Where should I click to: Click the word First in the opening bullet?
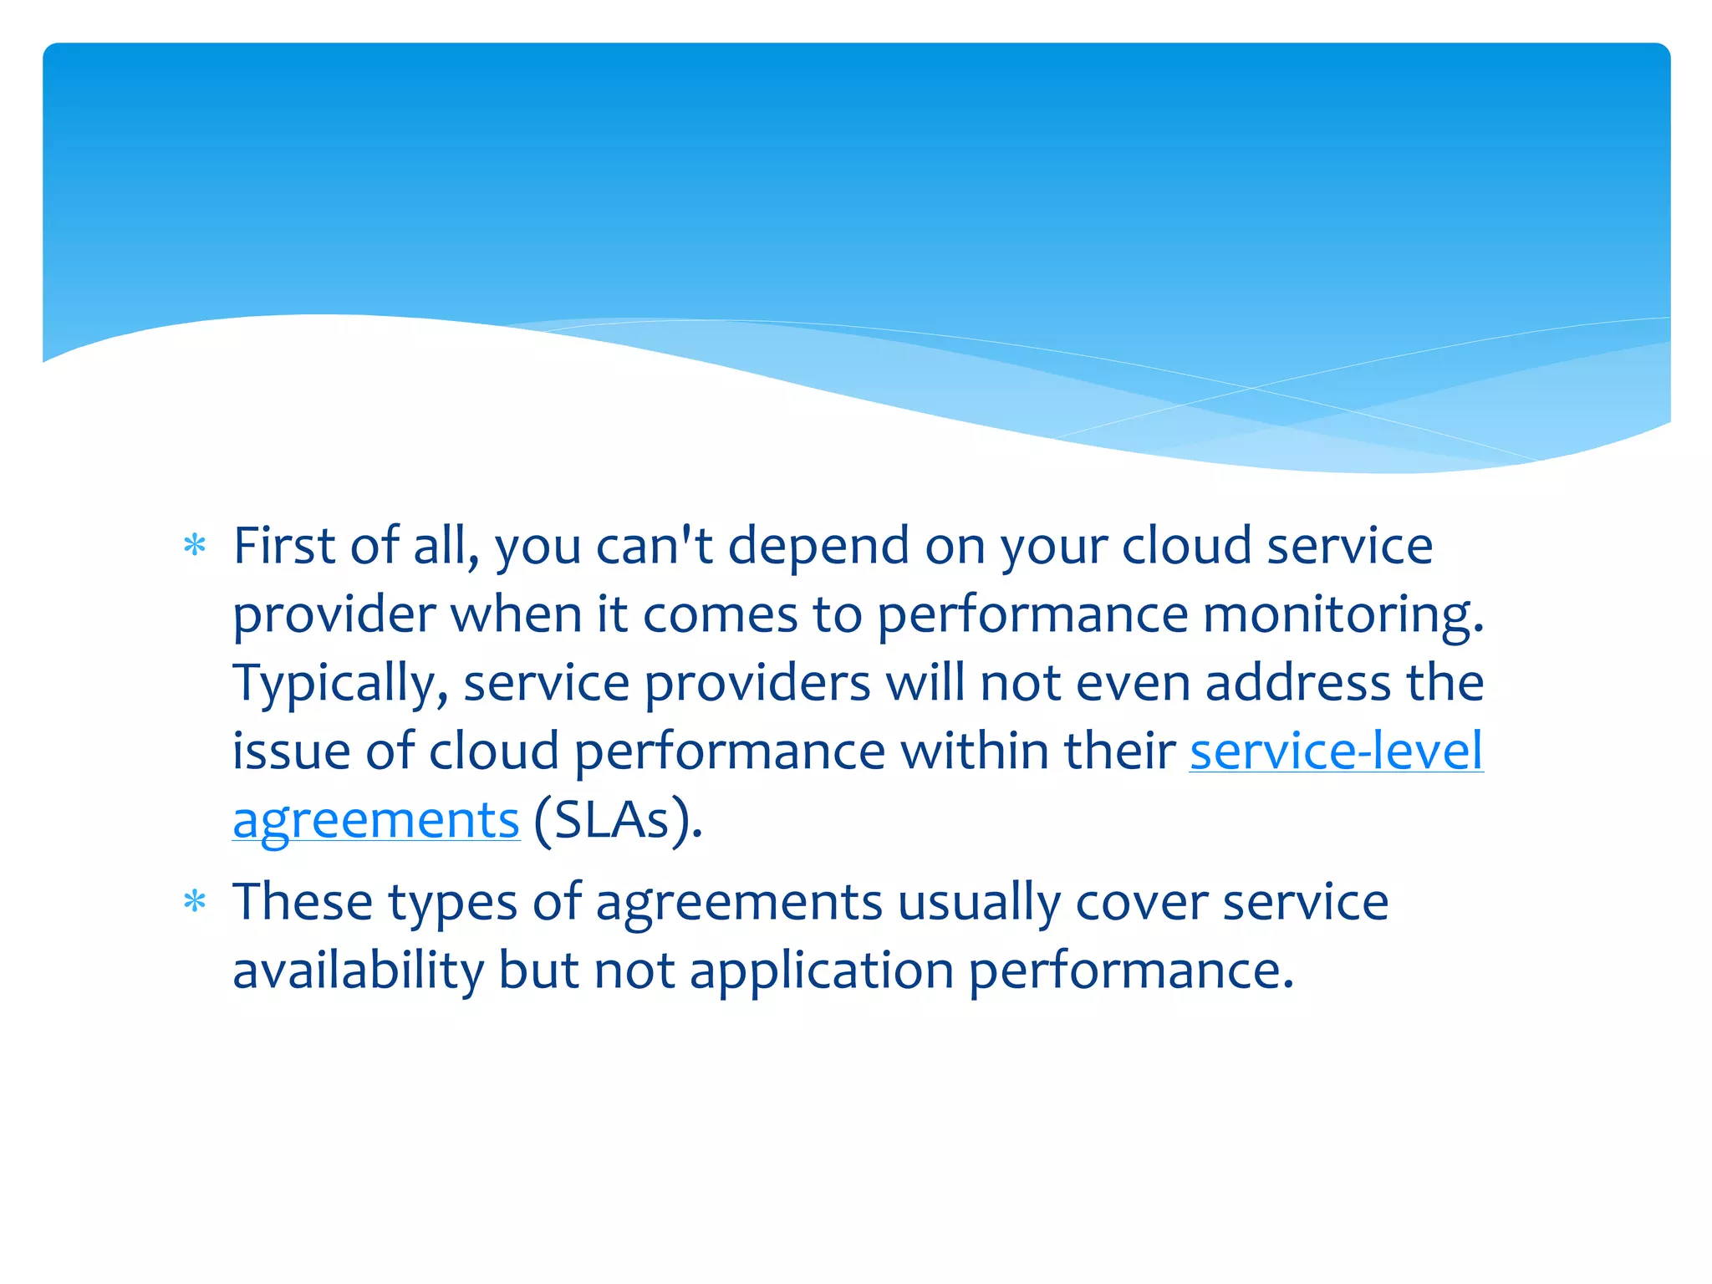coord(283,546)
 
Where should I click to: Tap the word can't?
coord(654,546)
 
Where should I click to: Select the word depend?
coord(818,548)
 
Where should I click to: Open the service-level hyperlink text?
coord(1336,751)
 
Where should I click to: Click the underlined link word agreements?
coord(376,821)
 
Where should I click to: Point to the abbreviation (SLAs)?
coord(618,820)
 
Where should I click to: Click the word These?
coord(303,902)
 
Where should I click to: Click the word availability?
coord(358,972)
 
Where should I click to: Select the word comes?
coord(720,616)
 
